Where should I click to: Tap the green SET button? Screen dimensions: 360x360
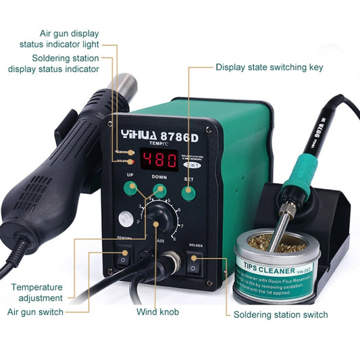click(x=188, y=194)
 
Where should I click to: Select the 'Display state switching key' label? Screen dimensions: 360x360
click(x=268, y=67)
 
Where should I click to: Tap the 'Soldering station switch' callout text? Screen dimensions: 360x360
click(x=280, y=315)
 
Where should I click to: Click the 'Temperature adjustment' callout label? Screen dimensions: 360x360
click(x=37, y=292)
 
